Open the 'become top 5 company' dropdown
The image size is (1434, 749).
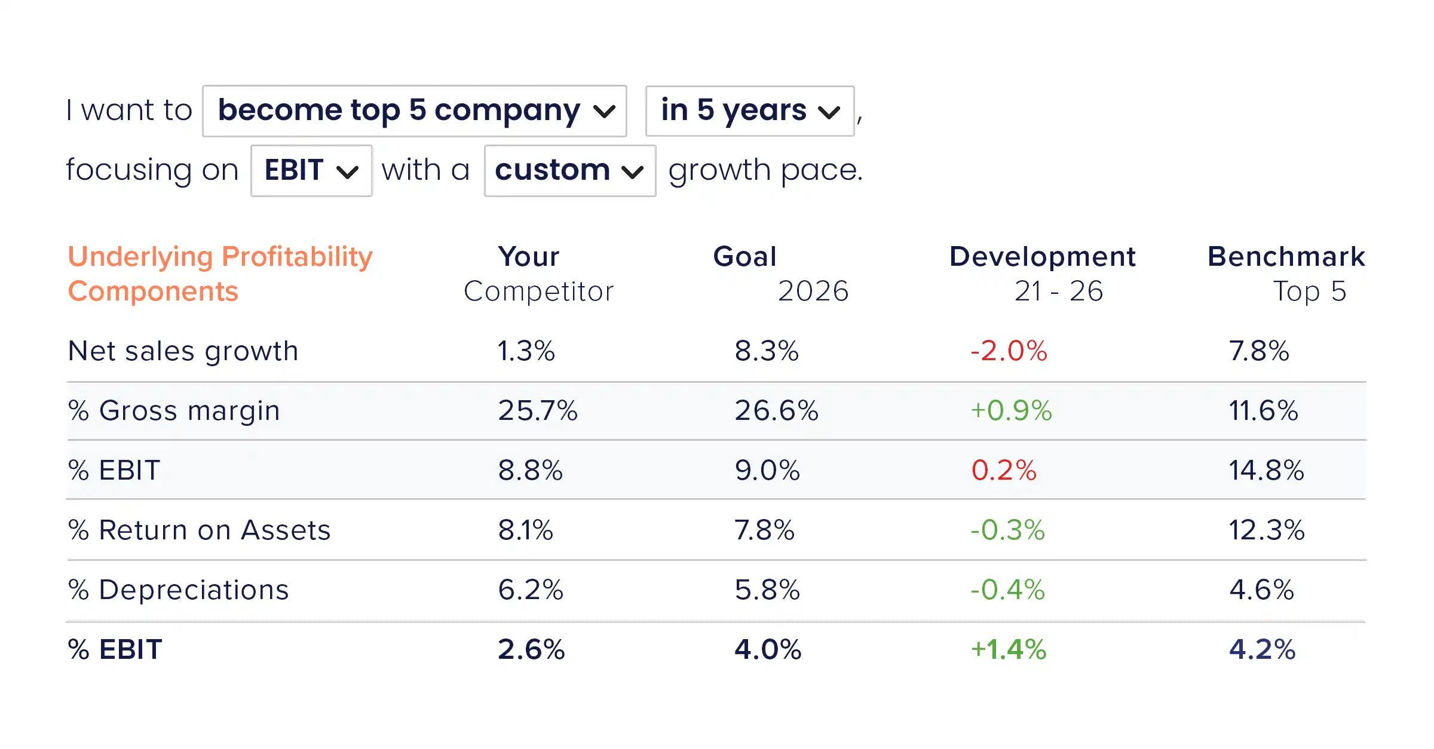414,111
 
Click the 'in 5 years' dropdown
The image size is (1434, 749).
750,111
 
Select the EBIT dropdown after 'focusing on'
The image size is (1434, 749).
311,171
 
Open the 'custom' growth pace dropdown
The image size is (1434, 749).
570,171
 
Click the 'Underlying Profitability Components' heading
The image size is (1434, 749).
220,274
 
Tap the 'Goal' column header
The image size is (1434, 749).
745,257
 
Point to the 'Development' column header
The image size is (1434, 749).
1043,257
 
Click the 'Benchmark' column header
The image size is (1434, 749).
1286,257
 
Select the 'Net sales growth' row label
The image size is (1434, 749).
183,351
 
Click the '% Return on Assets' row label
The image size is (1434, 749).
199,530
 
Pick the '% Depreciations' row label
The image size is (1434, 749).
178,590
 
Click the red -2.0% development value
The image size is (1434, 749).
1009,351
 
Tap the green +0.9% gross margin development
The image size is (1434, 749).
1011,411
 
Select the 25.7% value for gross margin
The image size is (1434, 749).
538,411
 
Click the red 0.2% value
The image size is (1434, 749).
1004,471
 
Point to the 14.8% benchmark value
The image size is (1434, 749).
1266,471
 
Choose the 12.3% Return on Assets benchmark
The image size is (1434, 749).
1266,530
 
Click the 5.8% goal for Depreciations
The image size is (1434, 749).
767,590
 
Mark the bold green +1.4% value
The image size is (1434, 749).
1009,650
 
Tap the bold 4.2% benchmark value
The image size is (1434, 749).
1262,650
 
